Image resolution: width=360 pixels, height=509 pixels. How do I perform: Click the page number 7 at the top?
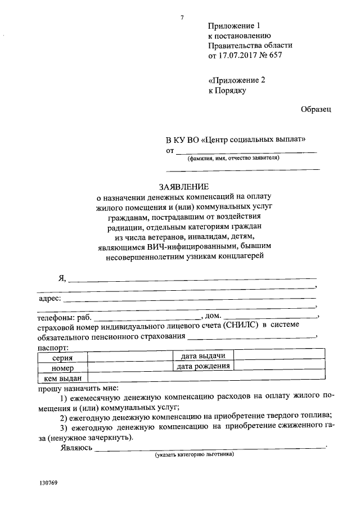182,16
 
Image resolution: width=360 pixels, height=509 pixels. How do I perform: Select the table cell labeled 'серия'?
62,357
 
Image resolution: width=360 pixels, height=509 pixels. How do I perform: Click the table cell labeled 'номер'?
62,367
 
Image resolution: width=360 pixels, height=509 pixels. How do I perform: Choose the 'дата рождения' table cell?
202,367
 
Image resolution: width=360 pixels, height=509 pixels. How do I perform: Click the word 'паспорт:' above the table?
53,348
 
